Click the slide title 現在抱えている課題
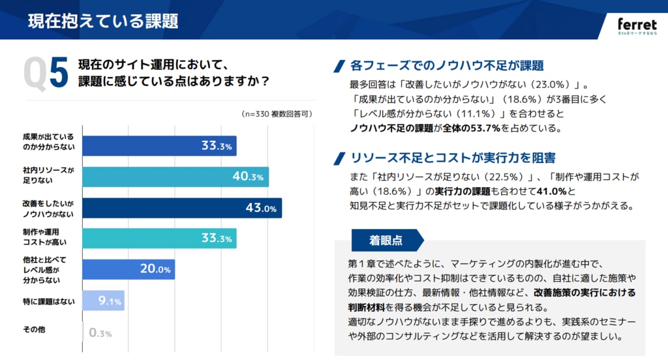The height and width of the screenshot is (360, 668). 103,21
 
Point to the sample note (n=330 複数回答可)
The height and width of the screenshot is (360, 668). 277,113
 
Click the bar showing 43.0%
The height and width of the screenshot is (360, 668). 181,209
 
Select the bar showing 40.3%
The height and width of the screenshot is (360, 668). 175,177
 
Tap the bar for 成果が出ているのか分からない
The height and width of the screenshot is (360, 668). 159,146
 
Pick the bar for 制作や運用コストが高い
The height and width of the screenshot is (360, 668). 159,238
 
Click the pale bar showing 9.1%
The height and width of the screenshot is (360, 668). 103,301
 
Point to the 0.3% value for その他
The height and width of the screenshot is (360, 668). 100,333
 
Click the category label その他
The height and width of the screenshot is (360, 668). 34,330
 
